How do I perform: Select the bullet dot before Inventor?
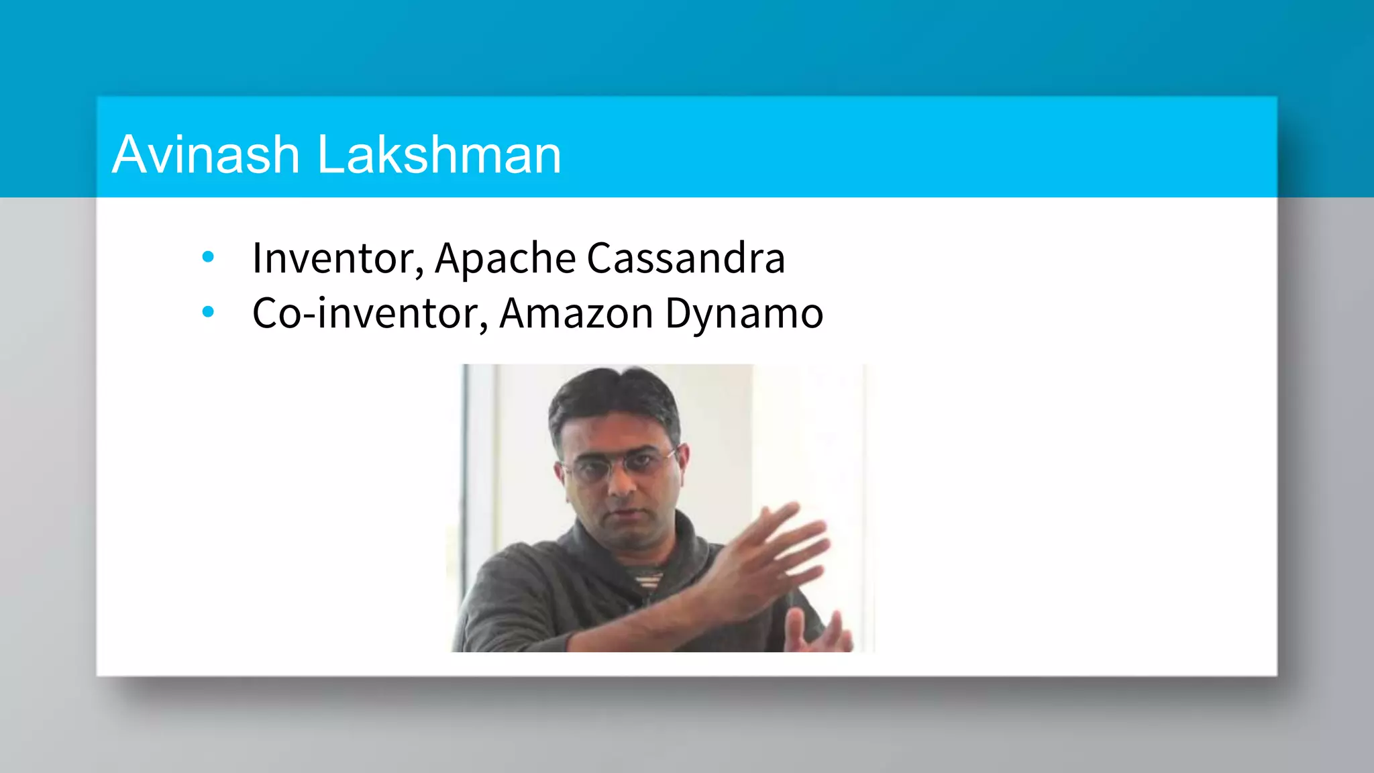tap(208, 256)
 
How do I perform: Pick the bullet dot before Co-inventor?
tap(208, 311)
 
